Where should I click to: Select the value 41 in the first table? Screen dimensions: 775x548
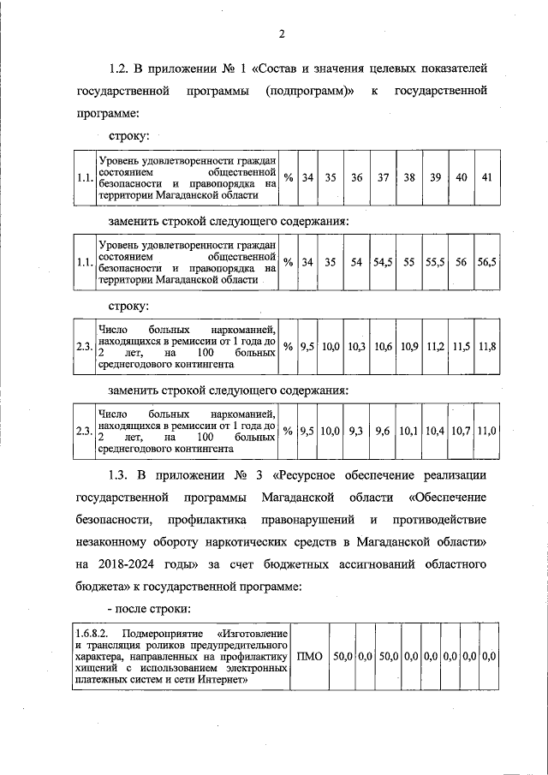(486, 178)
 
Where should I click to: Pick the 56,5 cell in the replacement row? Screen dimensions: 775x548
(486, 263)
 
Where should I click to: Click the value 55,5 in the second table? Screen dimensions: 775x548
(434, 263)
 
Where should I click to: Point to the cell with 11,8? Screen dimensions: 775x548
(486, 347)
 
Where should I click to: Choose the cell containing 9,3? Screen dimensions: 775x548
(356, 431)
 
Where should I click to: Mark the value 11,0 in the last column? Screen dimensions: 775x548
(486, 431)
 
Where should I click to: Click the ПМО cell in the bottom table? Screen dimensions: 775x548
(308, 656)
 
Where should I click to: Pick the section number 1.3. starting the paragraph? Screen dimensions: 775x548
(122, 476)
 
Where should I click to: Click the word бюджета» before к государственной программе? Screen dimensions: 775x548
(101, 587)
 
